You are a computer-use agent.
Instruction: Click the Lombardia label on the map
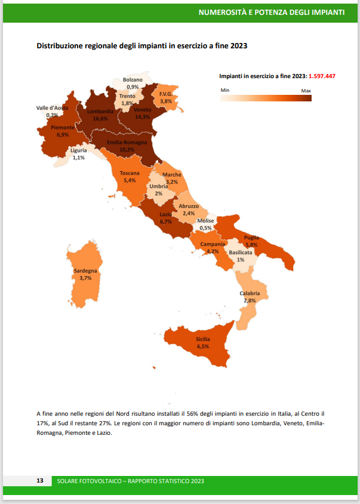100,112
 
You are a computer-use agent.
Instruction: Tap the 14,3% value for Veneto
142,118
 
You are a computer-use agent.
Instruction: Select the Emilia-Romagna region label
127,143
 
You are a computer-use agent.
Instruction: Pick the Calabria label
250,293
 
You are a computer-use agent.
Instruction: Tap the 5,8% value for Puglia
251,245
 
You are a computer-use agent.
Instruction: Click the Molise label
205,221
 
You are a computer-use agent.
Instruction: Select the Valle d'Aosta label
52,108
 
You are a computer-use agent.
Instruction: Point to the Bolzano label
133,80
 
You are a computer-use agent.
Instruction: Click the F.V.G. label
165,94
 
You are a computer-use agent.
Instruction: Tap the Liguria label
78,151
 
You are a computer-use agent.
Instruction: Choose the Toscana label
130,174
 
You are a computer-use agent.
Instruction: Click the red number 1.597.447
322,76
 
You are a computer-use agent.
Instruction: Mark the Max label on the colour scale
306,90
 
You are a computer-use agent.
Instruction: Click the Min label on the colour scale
225,90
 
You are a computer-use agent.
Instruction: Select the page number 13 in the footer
40,481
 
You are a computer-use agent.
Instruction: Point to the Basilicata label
240,253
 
